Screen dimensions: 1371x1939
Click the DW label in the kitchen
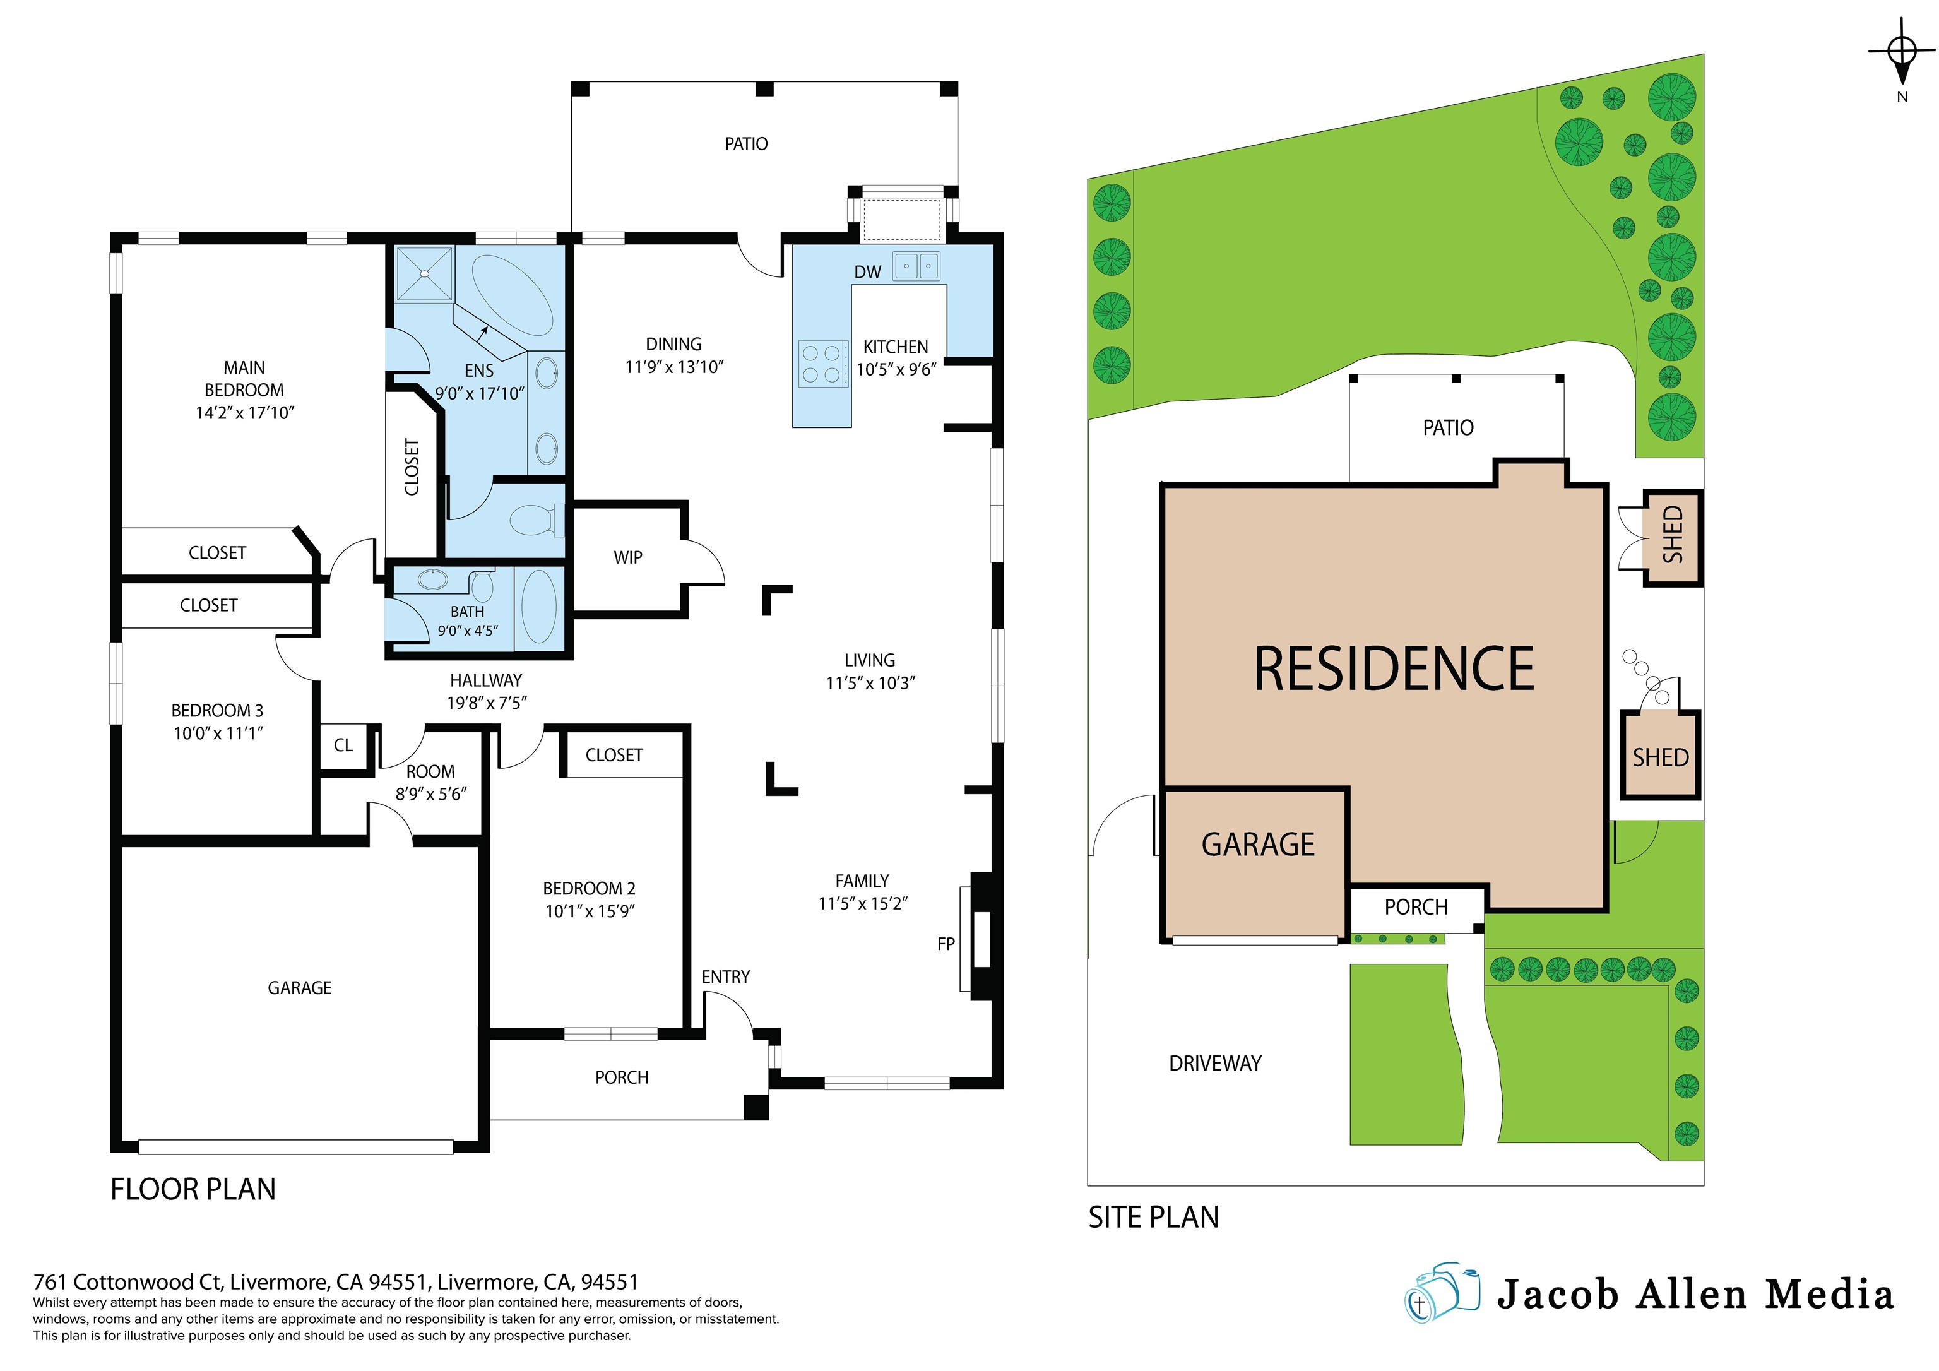pyautogui.click(x=867, y=272)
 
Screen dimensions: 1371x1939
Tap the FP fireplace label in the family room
pyautogui.click(x=946, y=944)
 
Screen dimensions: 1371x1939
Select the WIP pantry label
pyautogui.click(x=627, y=557)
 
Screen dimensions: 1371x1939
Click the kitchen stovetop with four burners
pyautogui.click(x=821, y=364)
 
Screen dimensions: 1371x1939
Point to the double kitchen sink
pyautogui.click(x=916, y=266)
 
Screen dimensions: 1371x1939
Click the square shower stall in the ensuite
pyautogui.click(x=425, y=273)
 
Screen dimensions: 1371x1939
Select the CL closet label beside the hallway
pyautogui.click(x=343, y=745)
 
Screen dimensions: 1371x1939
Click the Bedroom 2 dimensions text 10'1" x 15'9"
pyautogui.click(x=590, y=911)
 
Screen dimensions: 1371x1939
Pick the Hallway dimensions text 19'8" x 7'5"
pyautogui.click(x=487, y=703)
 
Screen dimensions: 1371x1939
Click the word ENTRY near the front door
pyautogui.click(x=725, y=977)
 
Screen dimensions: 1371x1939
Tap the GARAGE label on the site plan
pyautogui.click(x=1257, y=845)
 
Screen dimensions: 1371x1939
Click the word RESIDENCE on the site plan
pyautogui.click(x=1394, y=669)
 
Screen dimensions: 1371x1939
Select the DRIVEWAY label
pyautogui.click(x=1214, y=1064)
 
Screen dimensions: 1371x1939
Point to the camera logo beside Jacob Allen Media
pyautogui.click(x=1442, y=1293)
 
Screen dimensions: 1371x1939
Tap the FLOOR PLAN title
pyautogui.click(x=193, y=1189)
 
